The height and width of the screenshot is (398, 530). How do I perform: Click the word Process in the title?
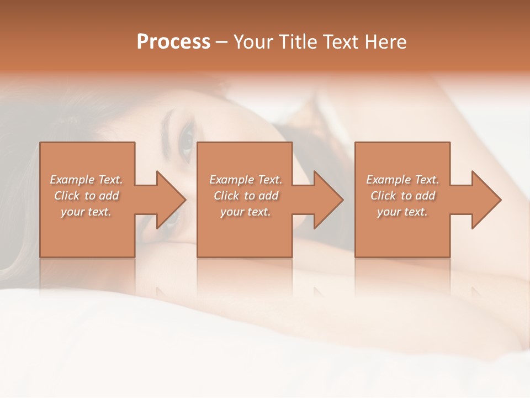coord(173,42)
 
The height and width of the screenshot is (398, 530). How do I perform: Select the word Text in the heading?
coord(340,42)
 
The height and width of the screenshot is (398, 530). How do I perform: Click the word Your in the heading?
coord(254,42)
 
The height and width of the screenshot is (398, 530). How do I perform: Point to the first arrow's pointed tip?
coord(185,200)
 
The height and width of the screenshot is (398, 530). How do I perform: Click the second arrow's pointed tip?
coord(343,200)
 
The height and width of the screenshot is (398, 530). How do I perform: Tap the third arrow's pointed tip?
coord(501,200)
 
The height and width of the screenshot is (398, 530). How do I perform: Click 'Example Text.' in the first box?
coord(86,180)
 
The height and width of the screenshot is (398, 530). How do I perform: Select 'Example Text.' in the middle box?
coord(246,180)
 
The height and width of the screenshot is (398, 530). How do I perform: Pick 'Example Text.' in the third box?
coord(402,180)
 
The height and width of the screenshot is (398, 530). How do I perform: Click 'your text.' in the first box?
coord(86,212)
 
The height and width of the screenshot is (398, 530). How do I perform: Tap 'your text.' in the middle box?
coord(246,212)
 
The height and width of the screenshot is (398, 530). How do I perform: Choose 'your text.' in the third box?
coord(402,212)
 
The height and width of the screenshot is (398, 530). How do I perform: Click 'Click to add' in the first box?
coord(86,196)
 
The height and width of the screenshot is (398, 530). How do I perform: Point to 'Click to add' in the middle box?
coord(246,196)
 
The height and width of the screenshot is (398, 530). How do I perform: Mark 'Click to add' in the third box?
coord(402,196)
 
